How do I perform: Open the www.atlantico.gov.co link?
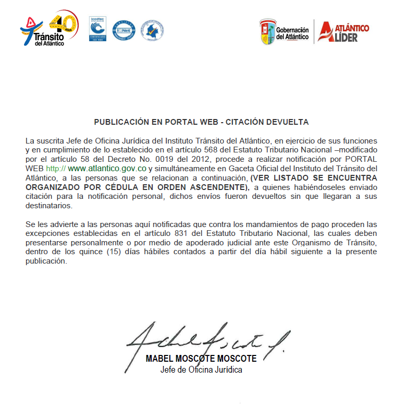107,169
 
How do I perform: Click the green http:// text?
56,169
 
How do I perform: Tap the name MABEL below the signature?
161,359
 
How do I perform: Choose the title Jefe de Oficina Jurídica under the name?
201,370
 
